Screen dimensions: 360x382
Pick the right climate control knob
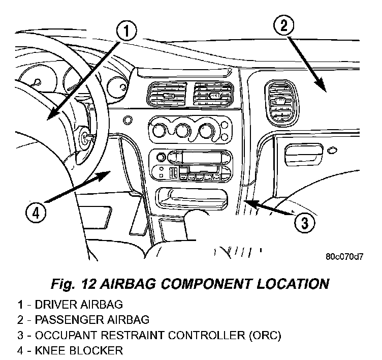pyautogui.click(x=205, y=131)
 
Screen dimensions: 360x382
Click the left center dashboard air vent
pyautogui.click(x=164, y=95)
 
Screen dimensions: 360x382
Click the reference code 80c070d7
pyautogui.click(x=344, y=256)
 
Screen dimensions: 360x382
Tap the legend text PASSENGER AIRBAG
pyautogui.click(x=90, y=320)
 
